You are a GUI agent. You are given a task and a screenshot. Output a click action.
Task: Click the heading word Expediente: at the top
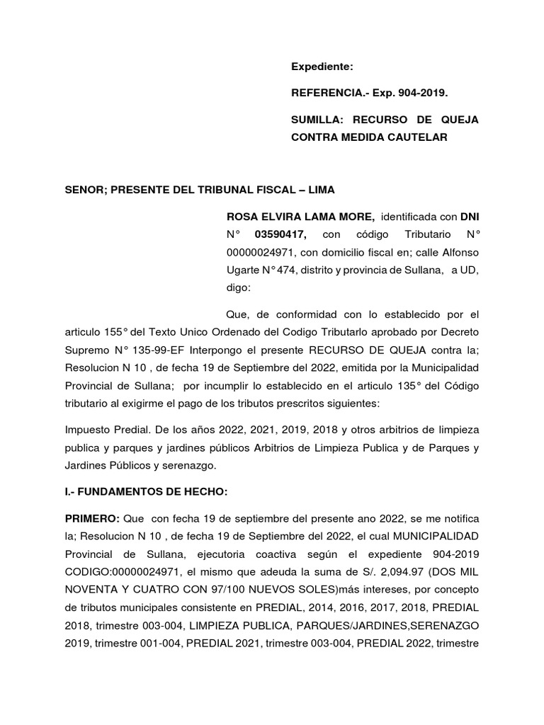click(322, 67)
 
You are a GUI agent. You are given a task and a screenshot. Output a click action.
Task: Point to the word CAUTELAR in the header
click(418, 137)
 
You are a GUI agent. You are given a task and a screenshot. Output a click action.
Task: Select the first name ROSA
click(240, 215)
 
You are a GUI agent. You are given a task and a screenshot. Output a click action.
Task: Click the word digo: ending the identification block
click(239, 288)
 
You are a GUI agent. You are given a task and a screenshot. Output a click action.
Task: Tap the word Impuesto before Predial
click(89, 429)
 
